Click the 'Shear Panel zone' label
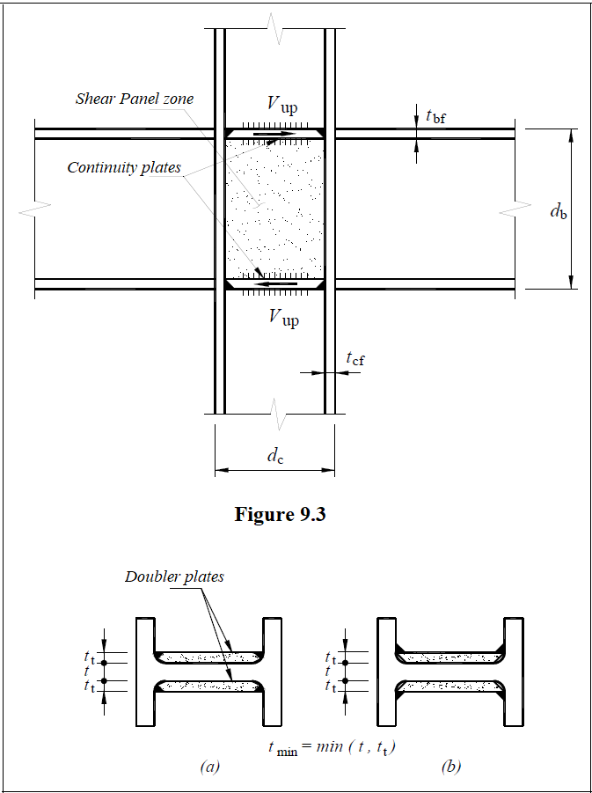pyautogui.click(x=135, y=99)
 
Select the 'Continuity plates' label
pyautogui.click(x=124, y=167)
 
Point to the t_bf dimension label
pyautogui.click(x=435, y=115)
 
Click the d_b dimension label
pyautogui.click(x=558, y=210)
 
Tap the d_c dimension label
pyautogui.click(x=275, y=456)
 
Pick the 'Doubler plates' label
pyautogui.click(x=174, y=577)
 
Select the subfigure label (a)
pyautogui.click(x=209, y=767)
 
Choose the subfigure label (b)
pyautogui.click(x=450, y=767)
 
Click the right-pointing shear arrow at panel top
pyautogui.click(x=275, y=135)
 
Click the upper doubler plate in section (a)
pyautogui.click(x=208, y=657)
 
